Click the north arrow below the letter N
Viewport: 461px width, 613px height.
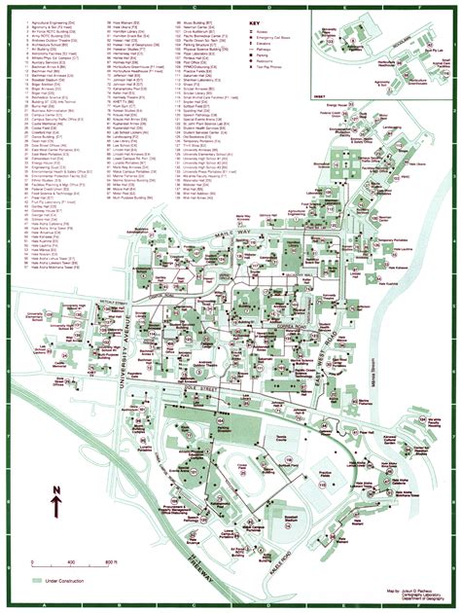click(x=56, y=505)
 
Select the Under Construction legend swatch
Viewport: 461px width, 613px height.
click(x=34, y=581)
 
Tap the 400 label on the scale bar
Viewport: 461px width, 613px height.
click(x=71, y=563)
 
